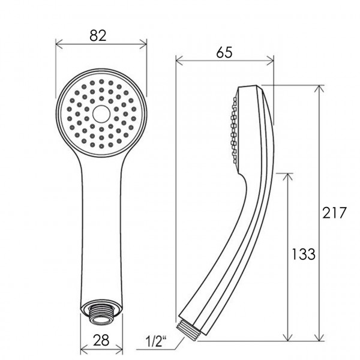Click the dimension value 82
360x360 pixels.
[100, 35]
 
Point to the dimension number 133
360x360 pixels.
[304, 254]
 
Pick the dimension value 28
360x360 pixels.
[100, 340]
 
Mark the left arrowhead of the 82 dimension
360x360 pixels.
[58, 43]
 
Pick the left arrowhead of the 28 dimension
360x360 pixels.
[83, 349]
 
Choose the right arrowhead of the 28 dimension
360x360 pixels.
[118, 349]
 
